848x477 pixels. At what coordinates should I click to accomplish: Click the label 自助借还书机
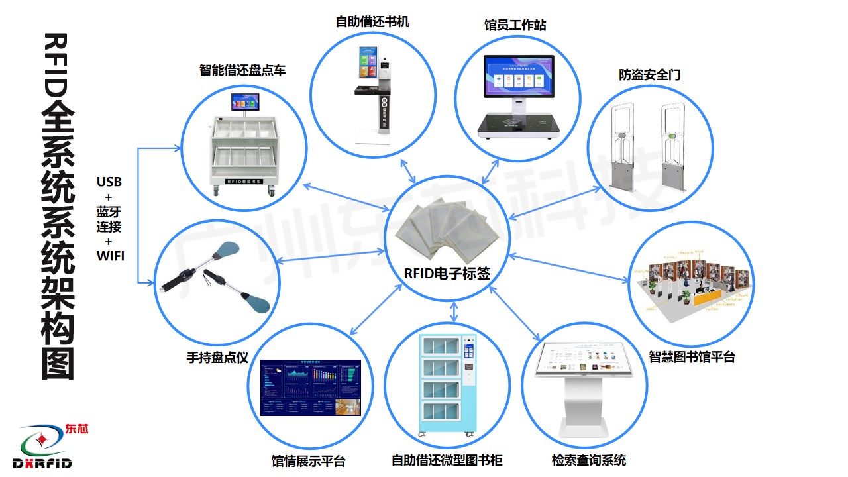pyautogui.click(x=372, y=22)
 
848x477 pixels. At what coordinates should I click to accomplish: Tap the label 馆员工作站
pyautogui.click(x=515, y=26)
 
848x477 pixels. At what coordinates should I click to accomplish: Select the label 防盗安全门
pyautogui.click(x=650, y=75)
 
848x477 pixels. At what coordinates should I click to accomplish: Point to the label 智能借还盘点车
pyautogui.click(x=242, y=70)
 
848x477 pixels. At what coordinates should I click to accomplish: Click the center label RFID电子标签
pyautogui.click(x=447, y=273)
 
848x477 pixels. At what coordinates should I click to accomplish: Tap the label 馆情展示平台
pyautogui.click(x=309, y=461)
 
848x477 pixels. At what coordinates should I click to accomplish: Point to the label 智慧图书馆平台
pyautogui.click(x=692, y=357)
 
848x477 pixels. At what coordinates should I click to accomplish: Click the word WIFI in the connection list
pyautogui.click(x=109, y=255)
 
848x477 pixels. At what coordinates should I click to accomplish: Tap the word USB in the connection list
pyautogui.click(x=109, y=182)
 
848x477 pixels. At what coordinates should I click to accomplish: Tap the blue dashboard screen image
pyautogui.click(x=311, y=388)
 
